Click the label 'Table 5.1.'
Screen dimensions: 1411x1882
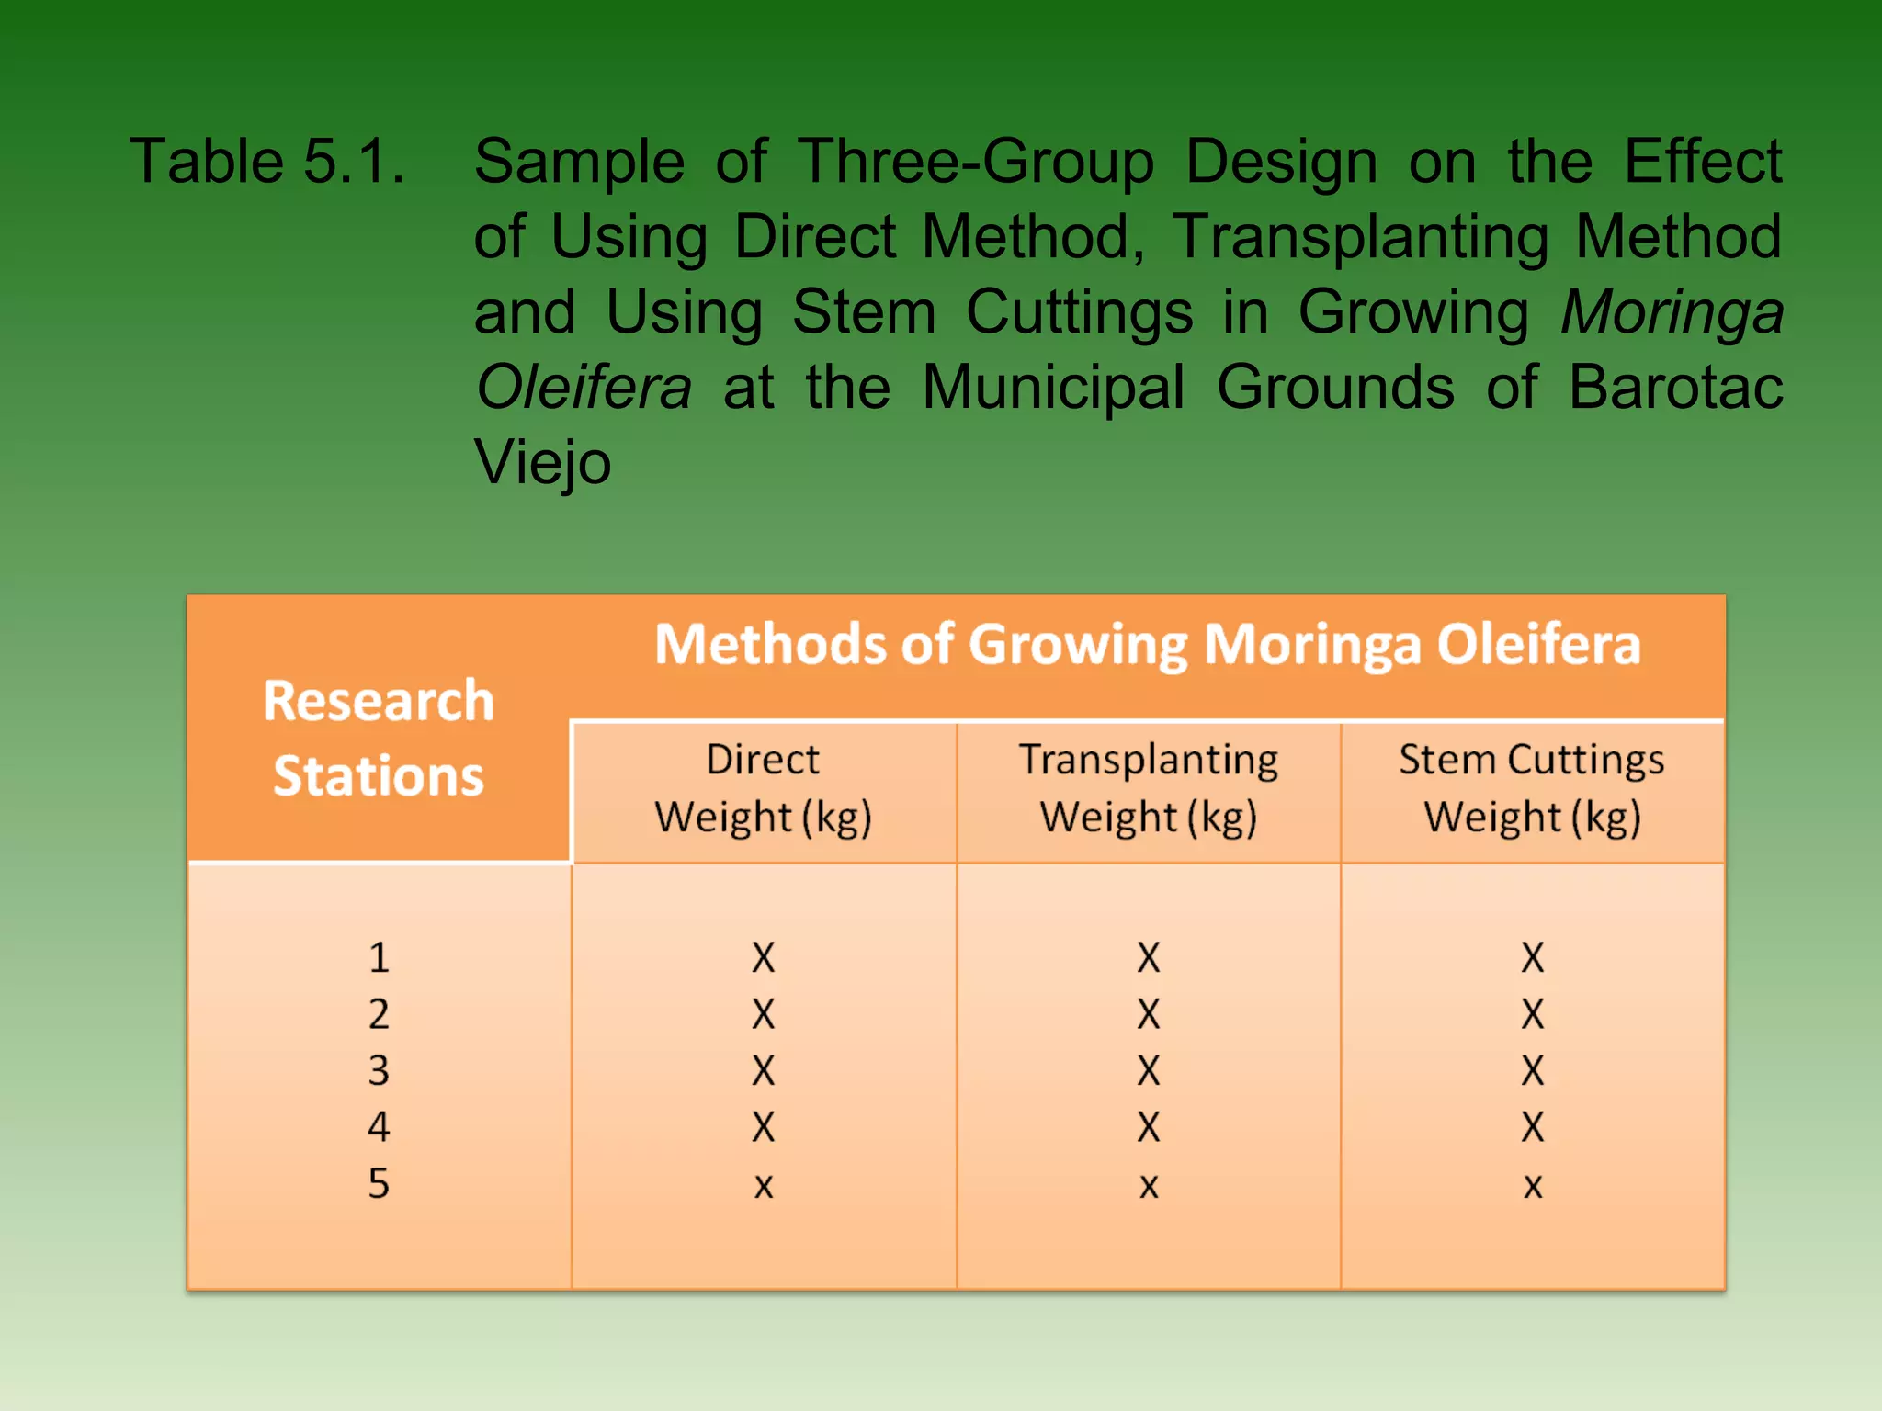click(x=266, y=162)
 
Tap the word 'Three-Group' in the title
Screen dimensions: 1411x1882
click(x=975, y=162)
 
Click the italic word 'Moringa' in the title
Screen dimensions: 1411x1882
click(x=1672, y=312)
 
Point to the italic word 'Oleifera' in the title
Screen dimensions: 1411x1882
click(x=584, y=387)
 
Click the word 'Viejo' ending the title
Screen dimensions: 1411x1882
click(x=542, y=462)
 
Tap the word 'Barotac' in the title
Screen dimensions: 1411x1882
click(x=1675, y=387)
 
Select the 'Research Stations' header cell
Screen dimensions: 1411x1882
click(x=379, y=738)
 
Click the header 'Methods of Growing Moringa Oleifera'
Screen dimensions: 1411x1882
click(x=1147, y=644)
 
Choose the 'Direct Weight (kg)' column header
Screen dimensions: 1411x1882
click(x=763, y=788)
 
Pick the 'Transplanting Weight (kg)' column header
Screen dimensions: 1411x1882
click(x=1148, y=788)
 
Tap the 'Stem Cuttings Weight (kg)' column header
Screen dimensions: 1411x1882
click(x=1532, y=788)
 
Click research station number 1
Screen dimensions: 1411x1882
click(x=379, y=958)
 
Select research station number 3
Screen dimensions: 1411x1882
click(x=379, y=1071)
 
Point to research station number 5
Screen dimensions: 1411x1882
click(x=379, y=1183)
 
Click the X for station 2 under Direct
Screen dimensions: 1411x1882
click(x=763, y=1014)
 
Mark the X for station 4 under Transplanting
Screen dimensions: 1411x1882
click(x=1148, y=1127)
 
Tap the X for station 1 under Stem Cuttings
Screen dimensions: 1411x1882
click(x=1532, y=958)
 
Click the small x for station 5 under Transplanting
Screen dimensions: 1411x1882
click(x=1148, y=1186)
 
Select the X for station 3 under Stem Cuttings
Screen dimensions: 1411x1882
click(x=1532, y=1071)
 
